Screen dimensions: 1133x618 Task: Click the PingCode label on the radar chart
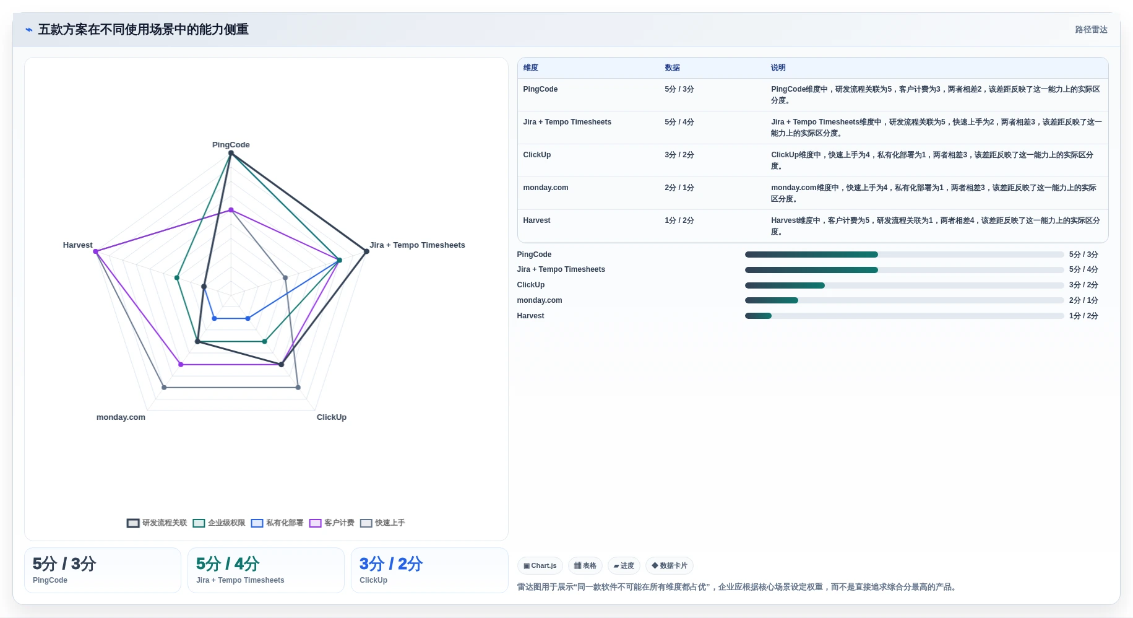point(231,145)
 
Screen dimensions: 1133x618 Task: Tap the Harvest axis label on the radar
point(77,245)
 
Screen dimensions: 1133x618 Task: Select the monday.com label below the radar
point(121,417)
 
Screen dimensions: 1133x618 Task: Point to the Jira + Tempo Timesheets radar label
point(417,245)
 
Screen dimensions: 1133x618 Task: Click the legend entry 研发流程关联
point(157,523)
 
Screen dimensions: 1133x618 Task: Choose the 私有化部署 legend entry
point(277,523)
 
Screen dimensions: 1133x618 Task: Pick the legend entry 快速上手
point(382,523)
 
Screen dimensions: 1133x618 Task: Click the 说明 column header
point(778,67)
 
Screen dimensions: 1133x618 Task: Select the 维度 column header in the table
point(531,67)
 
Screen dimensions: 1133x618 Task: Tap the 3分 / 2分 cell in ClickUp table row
point(679,155)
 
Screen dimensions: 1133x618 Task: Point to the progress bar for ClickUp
point(904,285)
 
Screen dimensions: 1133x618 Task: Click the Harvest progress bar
point(904,316)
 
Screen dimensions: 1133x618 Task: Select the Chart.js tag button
point(540,565)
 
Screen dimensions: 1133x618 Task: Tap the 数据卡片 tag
point(670,565)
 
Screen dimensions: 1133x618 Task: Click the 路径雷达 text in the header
point(1091,30)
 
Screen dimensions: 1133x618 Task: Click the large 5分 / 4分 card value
point(228,564)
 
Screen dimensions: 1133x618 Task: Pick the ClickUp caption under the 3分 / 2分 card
point(373,580)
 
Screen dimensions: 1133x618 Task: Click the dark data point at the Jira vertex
point(366,251)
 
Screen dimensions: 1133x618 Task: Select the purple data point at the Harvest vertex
point(96,251)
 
